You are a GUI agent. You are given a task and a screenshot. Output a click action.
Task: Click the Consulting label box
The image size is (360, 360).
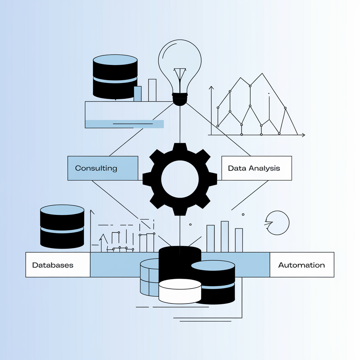coord(103,168)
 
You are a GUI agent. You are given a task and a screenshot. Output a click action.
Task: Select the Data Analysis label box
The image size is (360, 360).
coord(257,168)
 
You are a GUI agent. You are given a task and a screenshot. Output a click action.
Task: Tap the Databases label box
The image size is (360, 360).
coord(58,265)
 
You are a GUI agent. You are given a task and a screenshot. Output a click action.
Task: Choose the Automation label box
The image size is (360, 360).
coord(302,265)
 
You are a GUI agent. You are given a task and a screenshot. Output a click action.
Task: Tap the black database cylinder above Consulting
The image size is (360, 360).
coord(115,77)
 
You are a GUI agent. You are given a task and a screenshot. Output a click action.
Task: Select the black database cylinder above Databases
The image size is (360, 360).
coord(62,227)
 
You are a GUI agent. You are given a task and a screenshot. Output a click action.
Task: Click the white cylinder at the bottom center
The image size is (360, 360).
coord(180,291)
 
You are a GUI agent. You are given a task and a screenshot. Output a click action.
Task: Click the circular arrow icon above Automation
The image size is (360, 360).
coord(278,223)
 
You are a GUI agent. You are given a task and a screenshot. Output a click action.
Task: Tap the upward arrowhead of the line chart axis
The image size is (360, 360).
coord(211,88)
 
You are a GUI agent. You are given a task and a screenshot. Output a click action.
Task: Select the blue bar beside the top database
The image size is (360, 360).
coord(137,94)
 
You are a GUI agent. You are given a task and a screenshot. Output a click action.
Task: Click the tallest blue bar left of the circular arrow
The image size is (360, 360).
coord(225,236)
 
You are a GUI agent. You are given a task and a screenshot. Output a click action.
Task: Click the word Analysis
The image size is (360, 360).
coord(264,168)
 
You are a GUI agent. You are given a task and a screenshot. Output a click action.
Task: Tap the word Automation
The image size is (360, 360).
coord(302,265)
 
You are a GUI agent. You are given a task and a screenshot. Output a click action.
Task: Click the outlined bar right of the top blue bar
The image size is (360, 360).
coord(152,90)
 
